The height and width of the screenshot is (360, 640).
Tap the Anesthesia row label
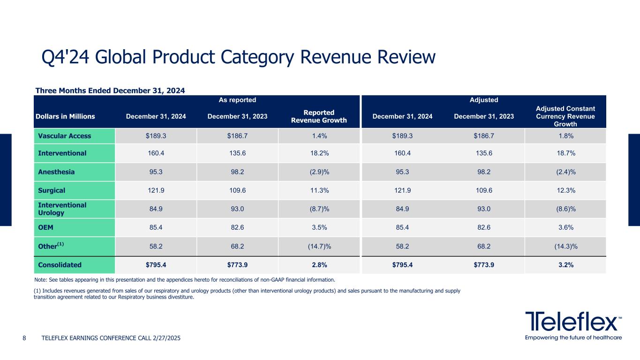(56, 172)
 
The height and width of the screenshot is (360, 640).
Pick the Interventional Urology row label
(56, 209)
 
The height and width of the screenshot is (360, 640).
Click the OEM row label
(46, 227)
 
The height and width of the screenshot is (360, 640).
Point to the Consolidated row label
(60, 265)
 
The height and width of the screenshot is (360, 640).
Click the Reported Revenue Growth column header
(319, 117)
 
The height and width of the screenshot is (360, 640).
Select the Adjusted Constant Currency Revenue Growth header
(565, 117)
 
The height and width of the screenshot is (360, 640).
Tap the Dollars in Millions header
(65, 117)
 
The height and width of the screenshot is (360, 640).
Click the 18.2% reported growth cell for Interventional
(319, 153)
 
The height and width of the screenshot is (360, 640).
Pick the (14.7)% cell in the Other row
(319, 246)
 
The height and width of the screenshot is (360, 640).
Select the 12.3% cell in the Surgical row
(565, 190)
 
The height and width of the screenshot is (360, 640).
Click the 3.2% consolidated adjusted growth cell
(565, 265)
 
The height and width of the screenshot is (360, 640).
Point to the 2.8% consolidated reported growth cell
(319, 265)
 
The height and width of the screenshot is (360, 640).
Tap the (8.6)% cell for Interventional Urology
(565, 209)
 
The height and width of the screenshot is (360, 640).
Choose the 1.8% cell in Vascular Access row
(565, 136)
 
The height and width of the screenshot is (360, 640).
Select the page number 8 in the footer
(25, 338)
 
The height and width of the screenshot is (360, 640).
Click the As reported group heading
(237, 100)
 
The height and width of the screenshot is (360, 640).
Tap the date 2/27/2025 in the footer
(165, 338)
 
